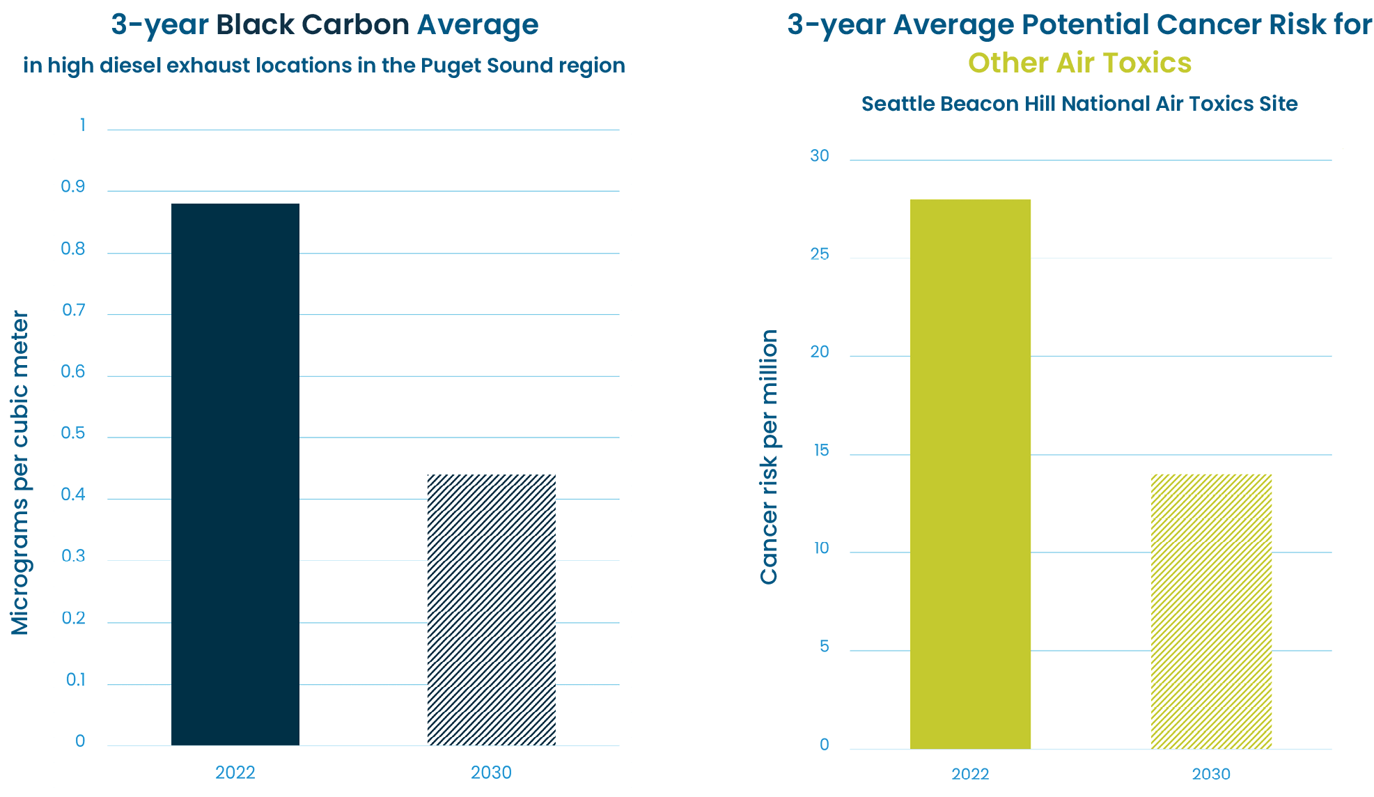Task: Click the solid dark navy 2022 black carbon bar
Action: (x=235, y=474)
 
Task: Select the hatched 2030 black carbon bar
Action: (x=491, y=610)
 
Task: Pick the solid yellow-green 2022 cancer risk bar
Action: (x=970, y=474)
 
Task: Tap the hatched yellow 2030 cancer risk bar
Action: (x=1211, y=612)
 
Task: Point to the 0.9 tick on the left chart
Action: (x=73, y=187)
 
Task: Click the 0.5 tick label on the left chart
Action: (x=73, y=433)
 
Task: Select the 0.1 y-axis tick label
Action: (x=75, y=680)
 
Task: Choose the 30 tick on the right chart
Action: (x=820, y=156)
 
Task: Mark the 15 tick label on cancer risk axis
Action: (x=822, y=451)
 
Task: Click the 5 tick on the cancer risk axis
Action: (x=825, y=647)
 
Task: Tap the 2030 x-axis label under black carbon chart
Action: (x=491, y=773)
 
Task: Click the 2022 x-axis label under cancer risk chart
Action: (x=970, y=774)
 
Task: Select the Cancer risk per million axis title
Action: (x=769, y=457)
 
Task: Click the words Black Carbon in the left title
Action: (x=312, y=25)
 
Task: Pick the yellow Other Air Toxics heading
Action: (x=1079, y=63)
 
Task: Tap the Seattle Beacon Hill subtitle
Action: (x=1079, y=104)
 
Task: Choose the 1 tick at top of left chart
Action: (x=83, y=125)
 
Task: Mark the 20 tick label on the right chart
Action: (x=820, y=353)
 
